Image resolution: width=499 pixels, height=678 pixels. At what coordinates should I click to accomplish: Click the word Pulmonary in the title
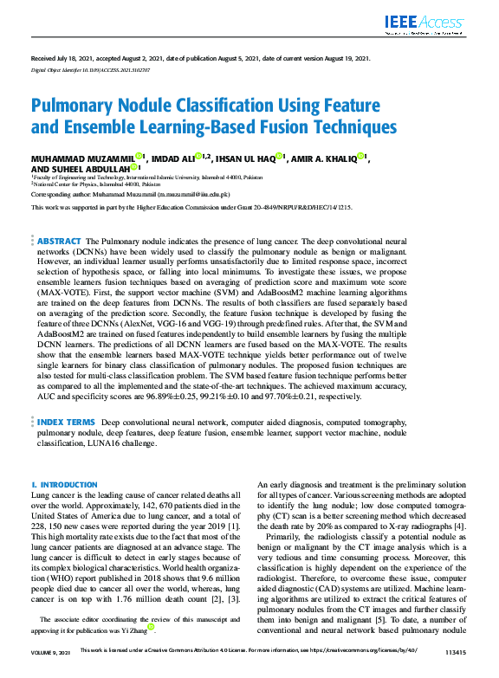click(75, 106)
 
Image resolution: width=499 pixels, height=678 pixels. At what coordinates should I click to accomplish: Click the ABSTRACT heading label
click(59, 241)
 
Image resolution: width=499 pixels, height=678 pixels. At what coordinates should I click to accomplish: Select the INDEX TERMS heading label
click(66, 422)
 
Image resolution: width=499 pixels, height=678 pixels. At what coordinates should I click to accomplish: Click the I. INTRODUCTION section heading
click(64, 485)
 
